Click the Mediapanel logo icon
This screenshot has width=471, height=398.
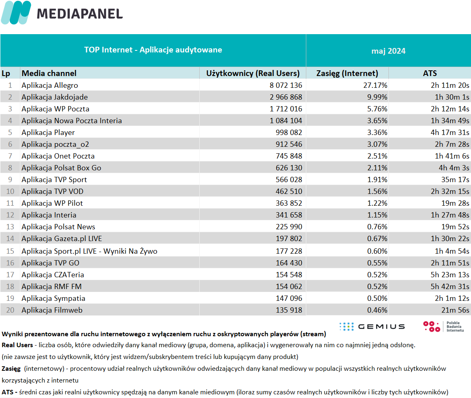(x=16, y=13)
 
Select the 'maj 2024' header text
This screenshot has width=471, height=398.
(x=388, y=51)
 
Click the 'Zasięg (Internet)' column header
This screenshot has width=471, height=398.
(x=347, y=73)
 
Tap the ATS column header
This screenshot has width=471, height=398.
(x=430, y=73)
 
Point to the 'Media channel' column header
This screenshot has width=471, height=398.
(x=49, y=73)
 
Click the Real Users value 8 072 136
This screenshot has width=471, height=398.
(x=286, y=85)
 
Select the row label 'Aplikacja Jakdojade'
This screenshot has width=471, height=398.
(x=55, y=97)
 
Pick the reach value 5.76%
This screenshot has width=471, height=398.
(x=377, y=109)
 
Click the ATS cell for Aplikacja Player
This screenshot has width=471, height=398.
(x=450, y=133)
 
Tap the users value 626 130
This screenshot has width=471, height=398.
(x=289, y=168)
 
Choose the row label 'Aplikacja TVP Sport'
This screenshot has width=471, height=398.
(x=54, y=180)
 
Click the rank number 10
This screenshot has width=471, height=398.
(x=10, y=191)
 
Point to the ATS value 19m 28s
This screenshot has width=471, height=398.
(x=455, y=203)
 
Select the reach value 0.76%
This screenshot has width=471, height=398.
(x=377, y=227)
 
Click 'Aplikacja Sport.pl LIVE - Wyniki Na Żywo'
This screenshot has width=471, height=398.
(x=89, y=251)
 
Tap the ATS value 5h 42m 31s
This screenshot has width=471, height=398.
(x=450, y=287)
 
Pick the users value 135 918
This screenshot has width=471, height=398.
(x=289, y=310)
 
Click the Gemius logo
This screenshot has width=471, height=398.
(x=372, y=326)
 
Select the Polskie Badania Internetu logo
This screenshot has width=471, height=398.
(x=443, y=326)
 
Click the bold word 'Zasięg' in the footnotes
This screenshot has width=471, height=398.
(x=11, y=369)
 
